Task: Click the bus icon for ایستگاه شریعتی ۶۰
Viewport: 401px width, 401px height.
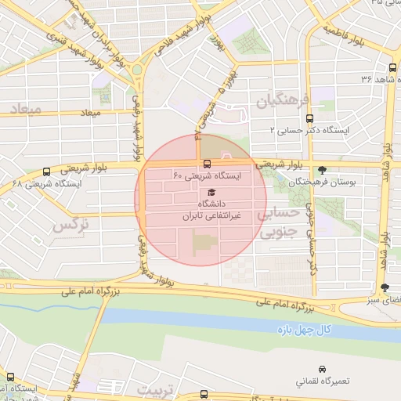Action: [x=207, y=164]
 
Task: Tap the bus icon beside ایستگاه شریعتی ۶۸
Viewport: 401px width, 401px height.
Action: [x=47, y=172]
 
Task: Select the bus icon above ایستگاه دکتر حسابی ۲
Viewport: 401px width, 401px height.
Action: [x=310, y=117]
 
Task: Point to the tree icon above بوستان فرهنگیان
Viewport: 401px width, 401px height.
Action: [x=322, y=169]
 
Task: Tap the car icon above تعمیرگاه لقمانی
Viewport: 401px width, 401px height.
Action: [x=322, y=369]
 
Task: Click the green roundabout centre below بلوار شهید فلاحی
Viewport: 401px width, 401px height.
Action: [x=138, y=69]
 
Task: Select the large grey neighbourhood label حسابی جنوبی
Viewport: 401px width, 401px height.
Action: [x=279, y=222]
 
